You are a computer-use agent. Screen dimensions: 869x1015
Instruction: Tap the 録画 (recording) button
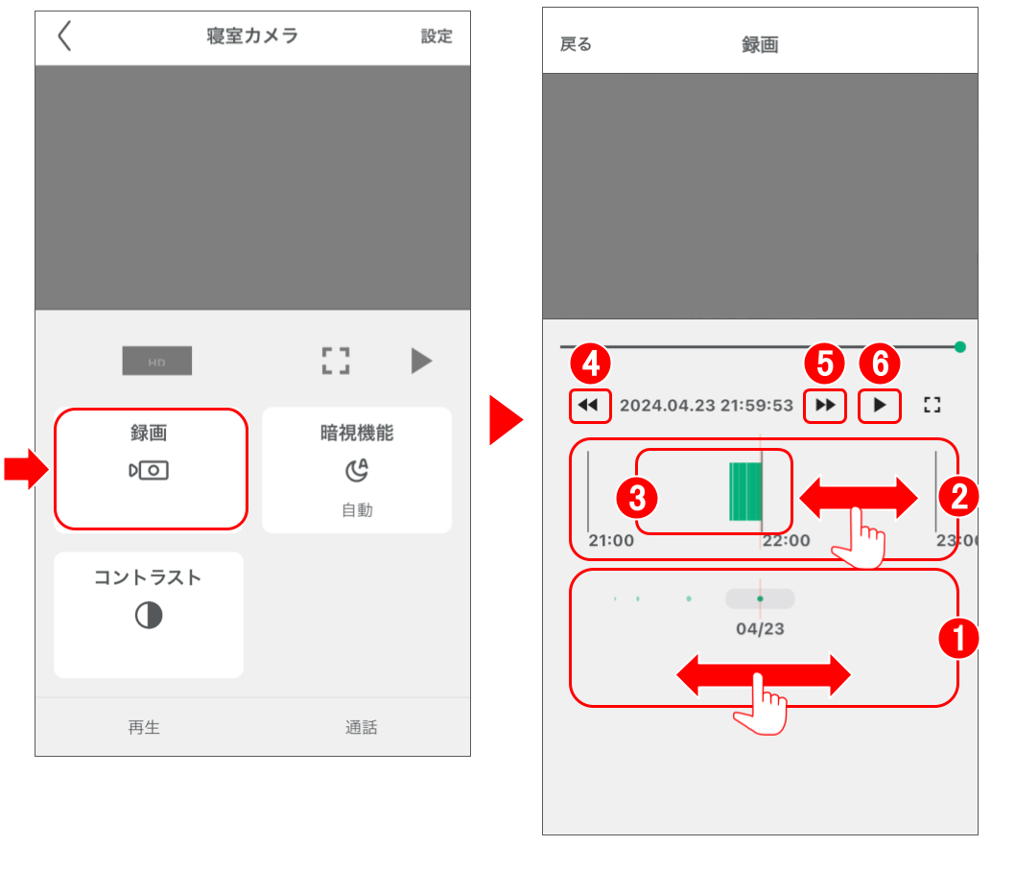coord(151,468)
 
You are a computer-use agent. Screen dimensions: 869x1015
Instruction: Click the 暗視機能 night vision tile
coord(357,469)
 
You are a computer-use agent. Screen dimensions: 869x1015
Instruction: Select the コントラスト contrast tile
coord(148,614)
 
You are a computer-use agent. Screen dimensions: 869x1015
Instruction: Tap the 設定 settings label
coord(437,36)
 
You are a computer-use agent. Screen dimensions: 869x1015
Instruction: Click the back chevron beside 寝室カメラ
coord(64,36)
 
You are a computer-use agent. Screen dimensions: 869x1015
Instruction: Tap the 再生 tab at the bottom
coord(144,727)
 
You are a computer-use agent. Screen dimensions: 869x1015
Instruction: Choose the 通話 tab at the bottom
coord(362,727)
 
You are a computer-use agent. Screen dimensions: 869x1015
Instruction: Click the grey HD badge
coord(156,362)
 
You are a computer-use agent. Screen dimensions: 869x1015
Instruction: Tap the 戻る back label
coord(576,45)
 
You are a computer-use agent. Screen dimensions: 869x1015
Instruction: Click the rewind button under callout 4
coord(589,406)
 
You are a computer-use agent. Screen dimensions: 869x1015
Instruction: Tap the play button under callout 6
coord(880,406)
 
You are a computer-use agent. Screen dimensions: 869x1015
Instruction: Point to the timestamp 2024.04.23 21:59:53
coord(706,406)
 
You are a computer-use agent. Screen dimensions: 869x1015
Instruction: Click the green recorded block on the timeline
coord(744,491)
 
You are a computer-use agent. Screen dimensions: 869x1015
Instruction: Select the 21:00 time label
coord(611,541)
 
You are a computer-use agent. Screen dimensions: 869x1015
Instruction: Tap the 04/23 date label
coord(760,629)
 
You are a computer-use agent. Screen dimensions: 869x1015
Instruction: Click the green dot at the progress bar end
coord(960,347)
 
